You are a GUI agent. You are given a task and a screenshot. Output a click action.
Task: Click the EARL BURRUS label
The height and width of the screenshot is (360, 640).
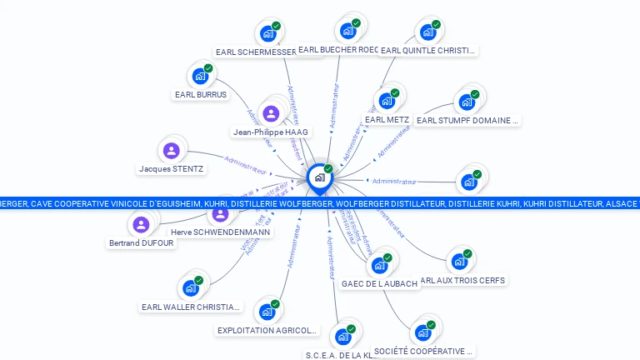[200, 95]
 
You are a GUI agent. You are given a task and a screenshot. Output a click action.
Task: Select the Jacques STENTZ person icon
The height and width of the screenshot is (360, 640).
[171, 151]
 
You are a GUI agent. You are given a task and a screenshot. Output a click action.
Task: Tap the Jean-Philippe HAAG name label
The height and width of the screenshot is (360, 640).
[271, 132]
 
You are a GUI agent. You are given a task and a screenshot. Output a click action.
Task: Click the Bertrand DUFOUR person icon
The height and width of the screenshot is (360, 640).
[141, 224]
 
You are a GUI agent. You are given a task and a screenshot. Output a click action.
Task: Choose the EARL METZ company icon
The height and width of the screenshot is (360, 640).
[387, 102]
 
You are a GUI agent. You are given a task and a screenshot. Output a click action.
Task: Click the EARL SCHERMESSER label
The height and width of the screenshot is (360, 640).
[255, 52]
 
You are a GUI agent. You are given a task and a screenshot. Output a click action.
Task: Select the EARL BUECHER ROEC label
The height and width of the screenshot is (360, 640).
[338, 50]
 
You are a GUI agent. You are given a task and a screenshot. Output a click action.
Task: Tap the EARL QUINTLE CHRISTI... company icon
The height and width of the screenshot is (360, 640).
[428, 32]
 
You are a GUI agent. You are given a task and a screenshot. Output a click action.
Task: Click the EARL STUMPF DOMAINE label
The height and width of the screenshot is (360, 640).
[467, 121]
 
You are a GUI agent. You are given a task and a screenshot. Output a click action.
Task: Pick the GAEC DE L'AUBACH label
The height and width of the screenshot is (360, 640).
[379, 283]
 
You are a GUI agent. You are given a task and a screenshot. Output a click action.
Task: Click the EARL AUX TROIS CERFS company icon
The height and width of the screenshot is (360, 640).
[458, 262]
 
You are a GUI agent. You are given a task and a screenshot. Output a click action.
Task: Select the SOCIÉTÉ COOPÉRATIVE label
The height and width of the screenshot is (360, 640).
[422, 351]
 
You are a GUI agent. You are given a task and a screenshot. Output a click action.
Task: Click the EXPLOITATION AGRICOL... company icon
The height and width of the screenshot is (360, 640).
[267, 312]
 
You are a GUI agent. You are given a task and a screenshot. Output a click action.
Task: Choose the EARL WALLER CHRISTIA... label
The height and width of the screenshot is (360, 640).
[191, 307]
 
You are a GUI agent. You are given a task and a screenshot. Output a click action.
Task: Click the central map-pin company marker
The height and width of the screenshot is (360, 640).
[318, 178]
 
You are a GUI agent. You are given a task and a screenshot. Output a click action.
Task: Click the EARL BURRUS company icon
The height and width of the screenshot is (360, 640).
[200, 76]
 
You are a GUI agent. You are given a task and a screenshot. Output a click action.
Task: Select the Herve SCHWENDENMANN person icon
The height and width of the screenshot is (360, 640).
[220, 213]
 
